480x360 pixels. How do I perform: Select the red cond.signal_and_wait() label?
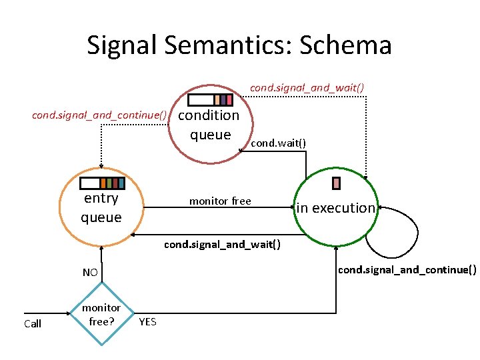coord(307,87)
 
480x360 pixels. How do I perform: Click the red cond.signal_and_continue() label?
coord(99,115)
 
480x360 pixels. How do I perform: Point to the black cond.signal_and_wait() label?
coord(222,244)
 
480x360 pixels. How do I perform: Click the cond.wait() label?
coord(279,143)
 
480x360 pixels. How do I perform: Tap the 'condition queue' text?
coord(210,125)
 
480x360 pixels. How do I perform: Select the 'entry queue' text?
coord(101,208)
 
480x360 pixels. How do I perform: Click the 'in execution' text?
coord(336,208)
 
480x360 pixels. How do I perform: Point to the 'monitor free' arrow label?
coord(220,201)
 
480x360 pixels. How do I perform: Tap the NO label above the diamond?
coord(90,272)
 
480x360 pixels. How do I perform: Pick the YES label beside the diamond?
coord(147,322)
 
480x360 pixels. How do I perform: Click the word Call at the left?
coord(33,324)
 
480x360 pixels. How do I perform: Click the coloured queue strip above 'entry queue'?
coord(101,183)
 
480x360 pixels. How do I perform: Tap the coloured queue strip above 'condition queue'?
coord(210,100)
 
